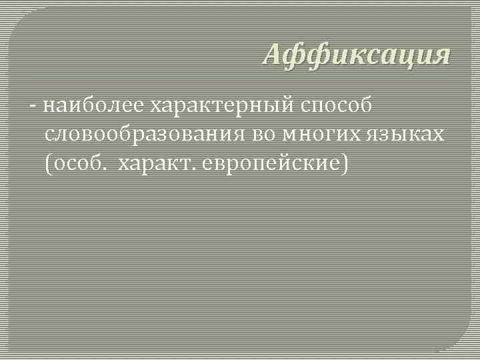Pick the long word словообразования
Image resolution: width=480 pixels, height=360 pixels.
145,134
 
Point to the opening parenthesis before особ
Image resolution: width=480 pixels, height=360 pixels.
49,163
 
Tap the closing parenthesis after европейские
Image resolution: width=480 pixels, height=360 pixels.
344,163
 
